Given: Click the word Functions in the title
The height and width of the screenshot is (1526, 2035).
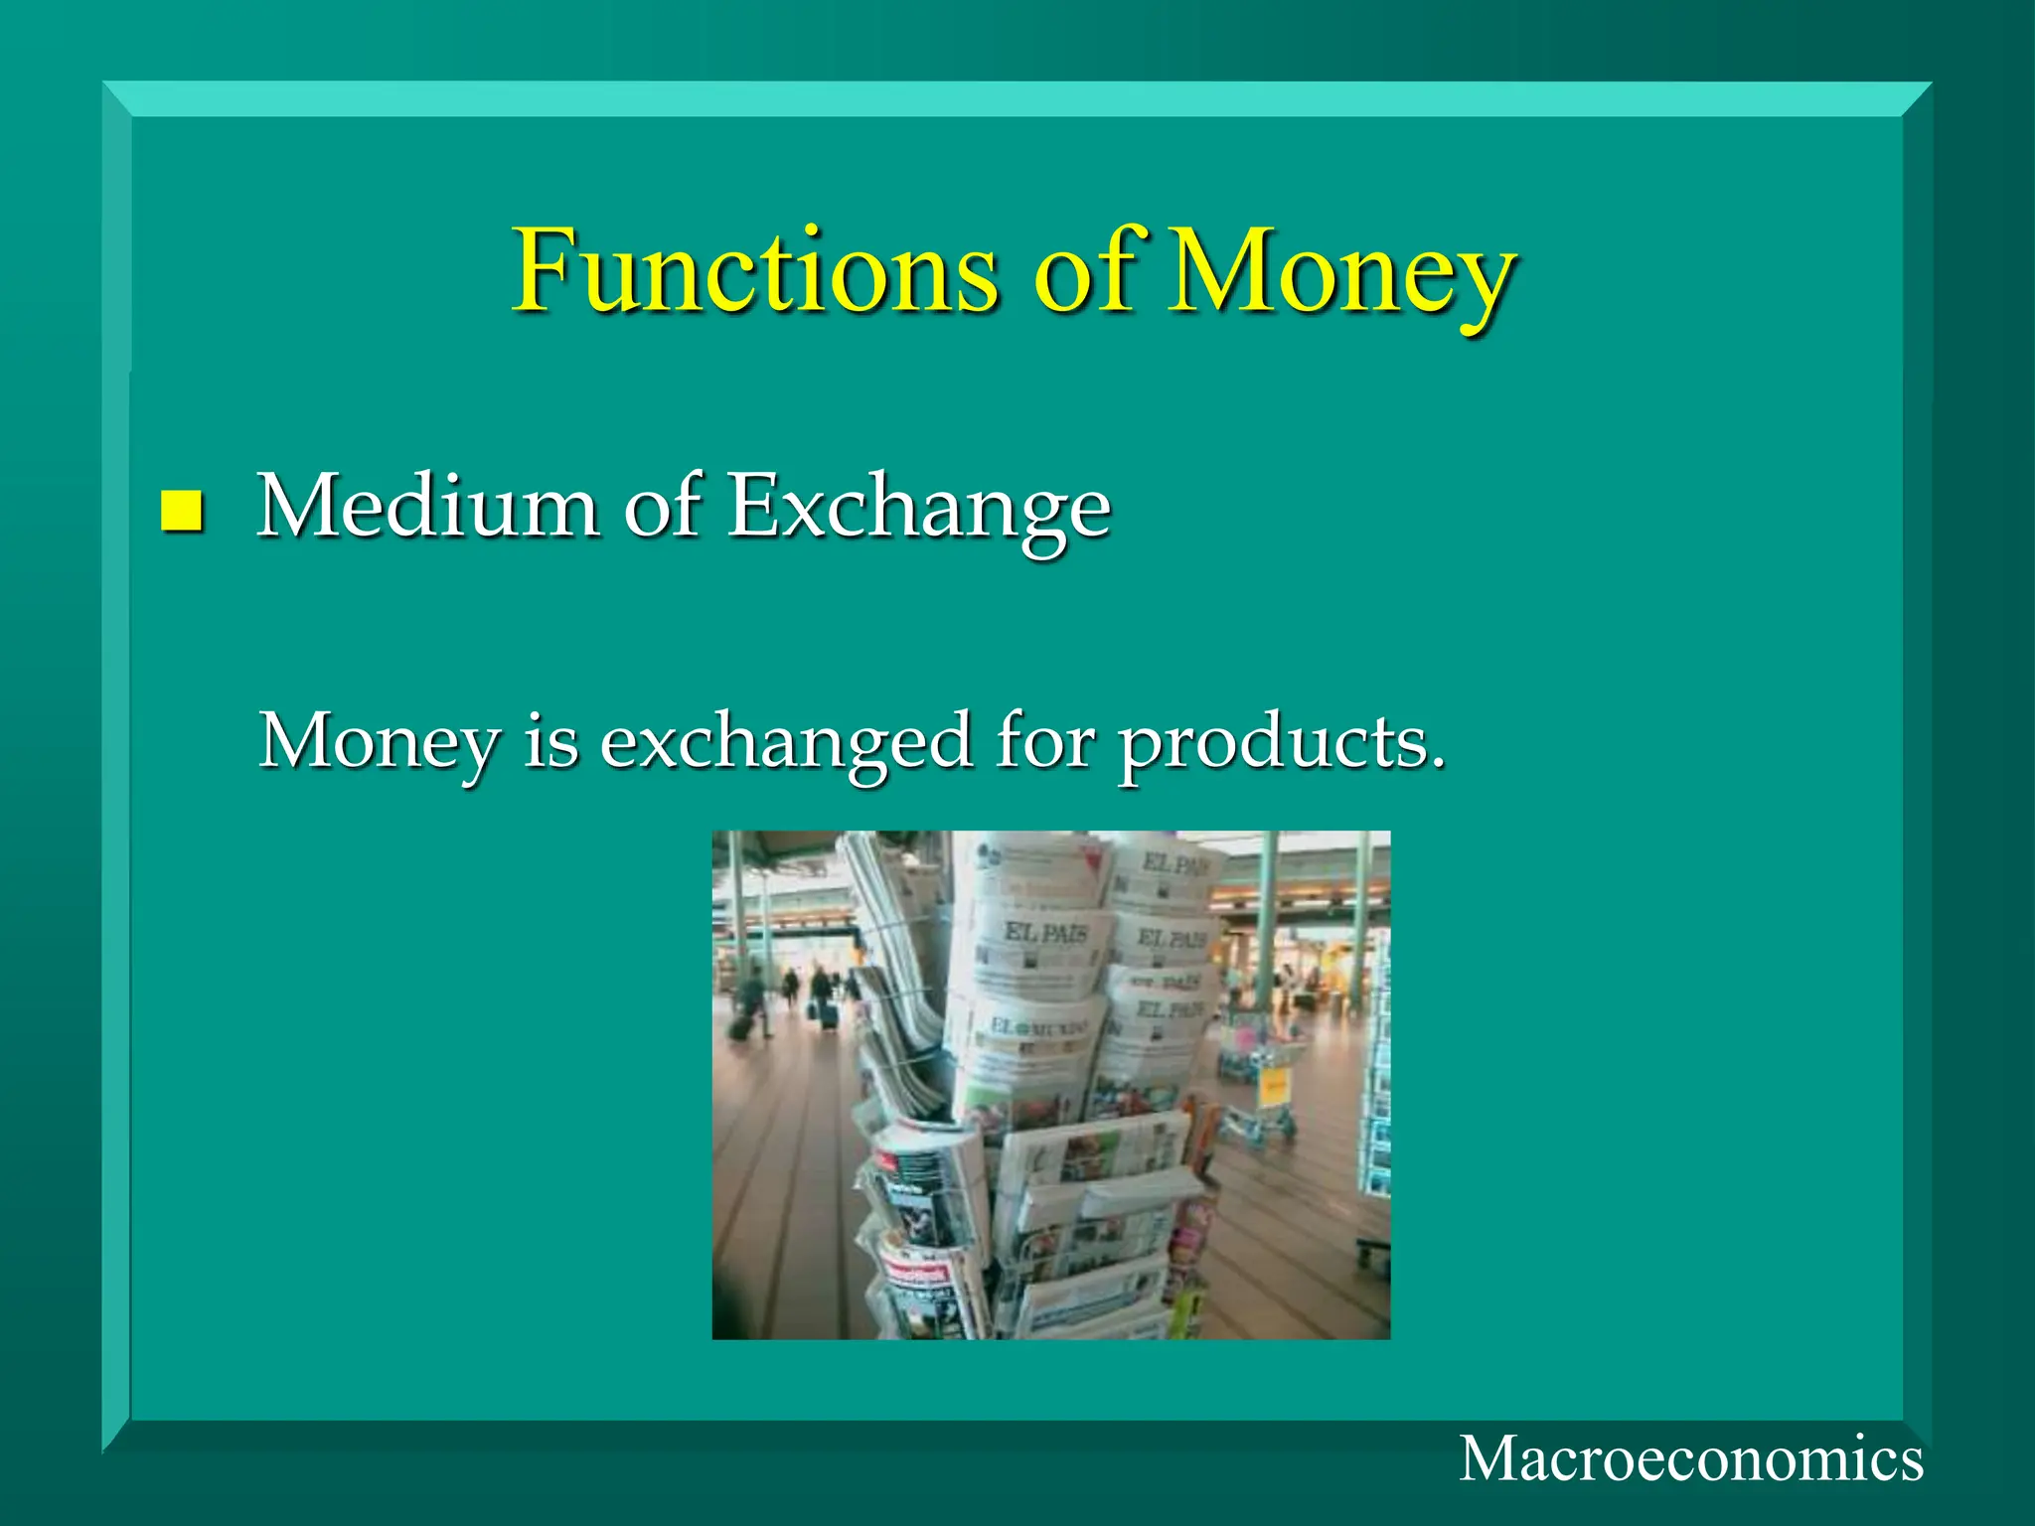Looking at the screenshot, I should click(x=755, y=270).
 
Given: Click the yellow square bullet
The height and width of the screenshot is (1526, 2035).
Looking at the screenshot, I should click(x=181, y=511).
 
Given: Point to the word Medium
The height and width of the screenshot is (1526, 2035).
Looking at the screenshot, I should click(x=428, y=507).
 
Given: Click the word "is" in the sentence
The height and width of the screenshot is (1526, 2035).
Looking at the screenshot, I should click(x=550, y=741).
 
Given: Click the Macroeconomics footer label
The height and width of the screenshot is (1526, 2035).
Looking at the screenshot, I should click(x=1690, y=1459).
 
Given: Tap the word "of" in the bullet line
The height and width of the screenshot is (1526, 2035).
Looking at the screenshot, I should click(x=662, y=507).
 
